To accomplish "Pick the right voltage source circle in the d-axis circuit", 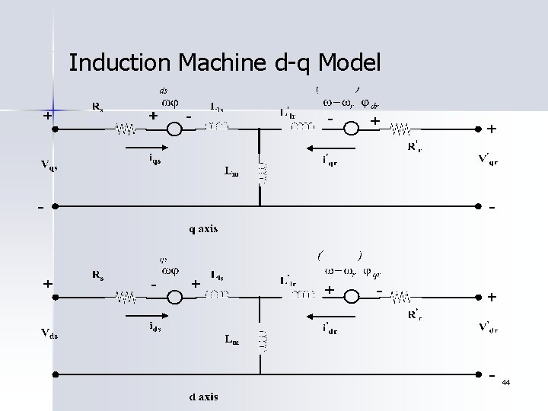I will pos(352,296).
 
